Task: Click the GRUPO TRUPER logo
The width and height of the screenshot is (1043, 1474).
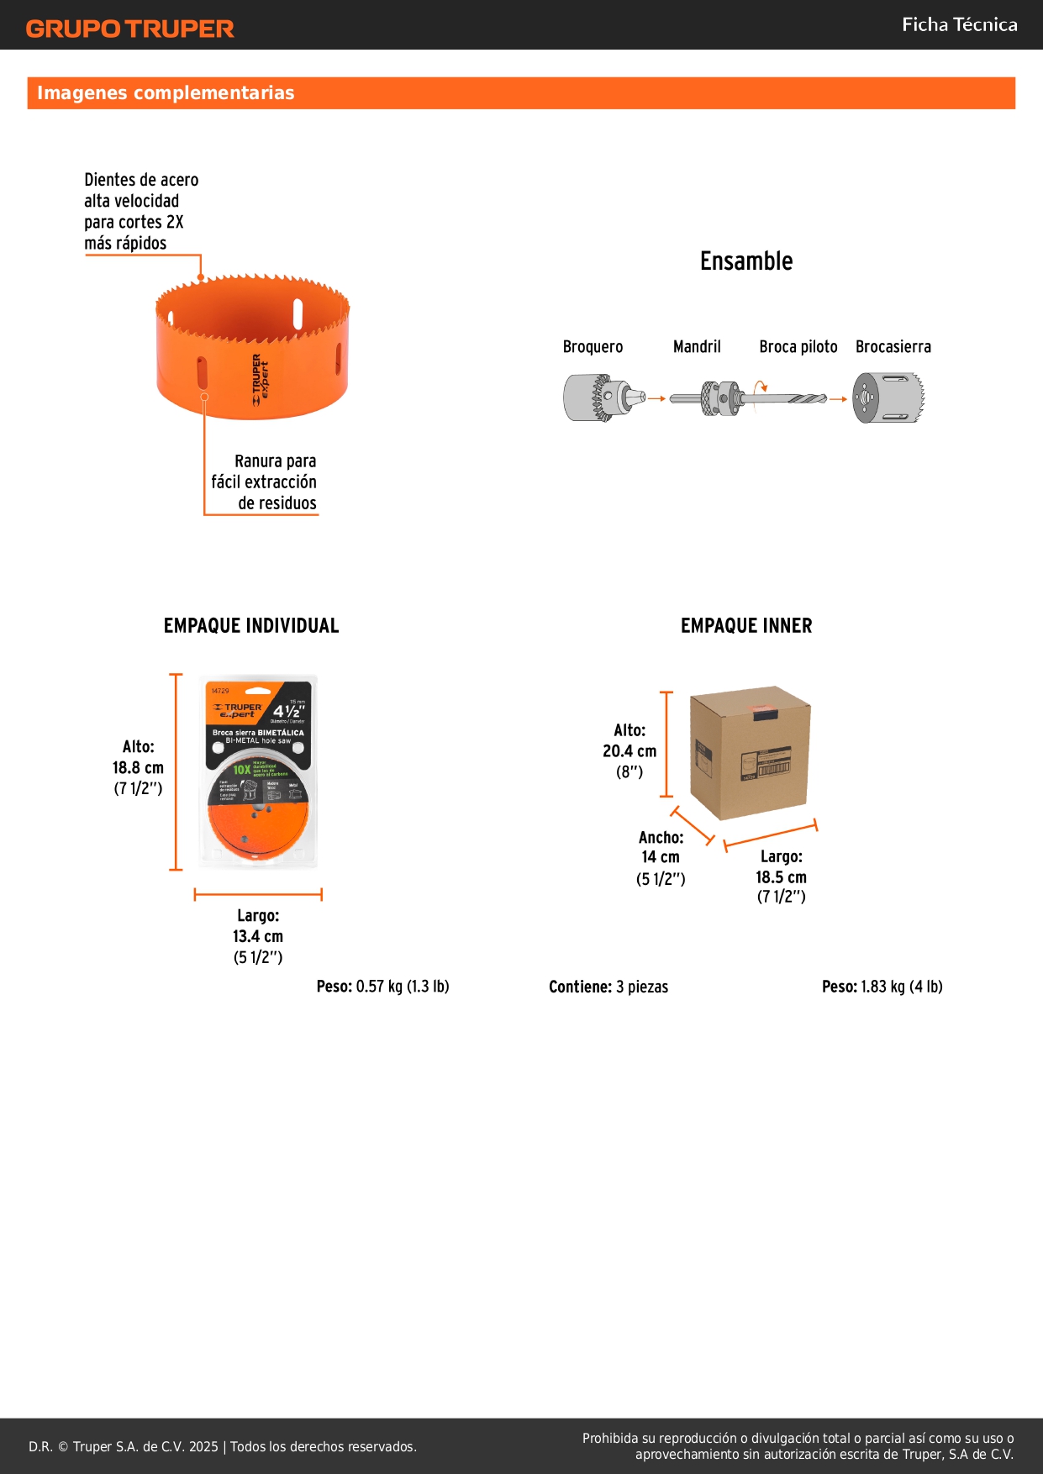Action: tap(130, 29)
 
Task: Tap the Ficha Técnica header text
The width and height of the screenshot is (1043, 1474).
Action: tap(959, 24)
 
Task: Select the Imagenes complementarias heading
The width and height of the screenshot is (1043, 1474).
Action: tap(166, 92)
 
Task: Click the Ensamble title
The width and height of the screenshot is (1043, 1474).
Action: tap(746, 261)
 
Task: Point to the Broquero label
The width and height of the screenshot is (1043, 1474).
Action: tap(593, 346)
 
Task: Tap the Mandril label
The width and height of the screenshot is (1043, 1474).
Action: tap(697, 346)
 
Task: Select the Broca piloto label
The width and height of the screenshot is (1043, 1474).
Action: tap(798, 346)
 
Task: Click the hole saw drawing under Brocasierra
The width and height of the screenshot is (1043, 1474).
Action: tap(888, 398)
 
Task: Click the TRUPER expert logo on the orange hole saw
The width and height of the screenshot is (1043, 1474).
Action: tap(261, 380)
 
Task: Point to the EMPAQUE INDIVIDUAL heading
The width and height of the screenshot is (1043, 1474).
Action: tap(251, 625)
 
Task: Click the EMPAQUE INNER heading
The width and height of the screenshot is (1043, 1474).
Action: tap(746, 625)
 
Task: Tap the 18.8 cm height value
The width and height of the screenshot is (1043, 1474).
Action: tap(138, 767)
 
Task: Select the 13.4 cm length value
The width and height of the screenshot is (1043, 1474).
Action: tap(258, 936)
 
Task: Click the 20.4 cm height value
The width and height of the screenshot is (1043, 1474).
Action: tap(629, 751)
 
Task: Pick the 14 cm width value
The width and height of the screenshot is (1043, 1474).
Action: tap(661, 857)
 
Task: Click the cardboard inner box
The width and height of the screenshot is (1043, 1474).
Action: tap(749, 753)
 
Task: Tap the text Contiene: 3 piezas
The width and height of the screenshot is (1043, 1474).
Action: tap(608, 987)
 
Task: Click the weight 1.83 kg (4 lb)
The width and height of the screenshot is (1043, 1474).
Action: tap(882, 987)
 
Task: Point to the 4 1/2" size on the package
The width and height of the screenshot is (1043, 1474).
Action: tap(288, 711)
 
